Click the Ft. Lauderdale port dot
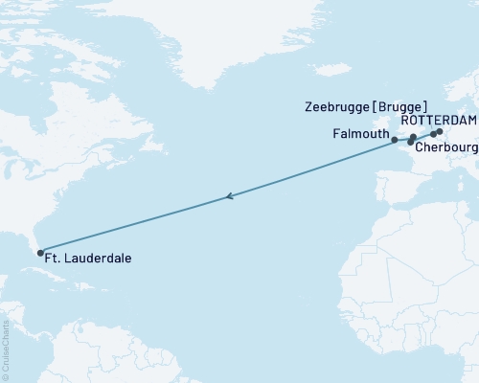(x=39, y=254)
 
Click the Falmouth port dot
(x=395, y=140)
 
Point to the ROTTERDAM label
(x=437, y=121)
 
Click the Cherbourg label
(x=446, y=147)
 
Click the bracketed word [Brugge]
(x=401, y=106)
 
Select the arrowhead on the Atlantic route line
(x=229, y=197)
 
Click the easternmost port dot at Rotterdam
(x=439, y=132)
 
